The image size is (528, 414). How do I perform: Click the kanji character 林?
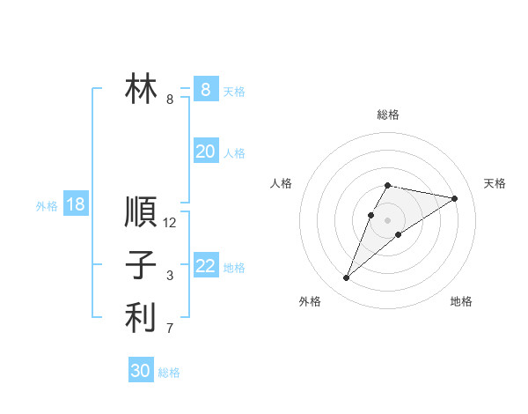click(x=141, y=90)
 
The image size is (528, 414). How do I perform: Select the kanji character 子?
click(x=141, y=265)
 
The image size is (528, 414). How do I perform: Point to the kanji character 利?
click(x=141, y=317)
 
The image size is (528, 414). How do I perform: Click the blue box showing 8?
click(x=205, y=89)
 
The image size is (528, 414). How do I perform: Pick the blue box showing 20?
click(x=205, y=152)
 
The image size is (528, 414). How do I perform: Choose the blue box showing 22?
click(x=205, y=266)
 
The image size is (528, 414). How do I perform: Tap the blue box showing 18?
click(x=76, y=204)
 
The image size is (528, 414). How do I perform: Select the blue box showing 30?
click(x=141, y=371)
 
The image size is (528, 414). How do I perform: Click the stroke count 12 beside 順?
click(x=170, y=223)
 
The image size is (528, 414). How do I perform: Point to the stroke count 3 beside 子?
click(x=170, y=276)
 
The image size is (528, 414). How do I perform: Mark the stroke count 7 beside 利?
click(x=170, y=329)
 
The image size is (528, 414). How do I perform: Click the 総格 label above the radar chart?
click(x=388, y=115)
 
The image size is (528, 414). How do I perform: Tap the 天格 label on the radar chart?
click(x=495, y=183)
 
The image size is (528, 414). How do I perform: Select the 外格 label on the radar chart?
click(x=310, y=301)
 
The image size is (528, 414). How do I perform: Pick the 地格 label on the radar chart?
click(x=461, y=301)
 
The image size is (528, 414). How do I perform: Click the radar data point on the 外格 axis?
click(x=347, y=278)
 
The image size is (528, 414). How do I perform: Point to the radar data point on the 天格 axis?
click(x=455, y=198)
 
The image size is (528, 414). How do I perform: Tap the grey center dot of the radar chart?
click(x=388, y=220)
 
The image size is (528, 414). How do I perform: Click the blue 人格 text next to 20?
click(x=234, y=153)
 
